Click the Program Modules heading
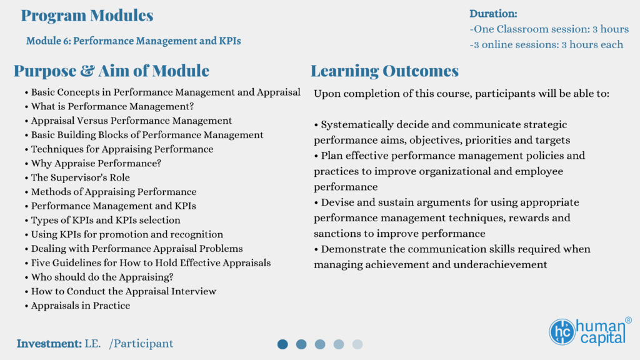point(87,16)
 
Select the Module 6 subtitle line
point(134,41)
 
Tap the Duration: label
point(493,14)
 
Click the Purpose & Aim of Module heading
point(111,71)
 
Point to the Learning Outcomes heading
point(384,71)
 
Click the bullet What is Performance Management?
point(109,106)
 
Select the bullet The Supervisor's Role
point(77,177)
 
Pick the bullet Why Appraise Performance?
point(93,163)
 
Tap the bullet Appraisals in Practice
point(77,306)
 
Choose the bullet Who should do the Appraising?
point(99,277)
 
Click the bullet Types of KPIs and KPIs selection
point(102,221)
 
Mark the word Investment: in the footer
point(49,344)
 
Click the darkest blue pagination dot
point(282,344)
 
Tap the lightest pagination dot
point(357,344)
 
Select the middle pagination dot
point(320,344)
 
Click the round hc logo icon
point(562,332)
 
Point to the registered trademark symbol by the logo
point(628,321)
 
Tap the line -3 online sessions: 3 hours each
point(546,44)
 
